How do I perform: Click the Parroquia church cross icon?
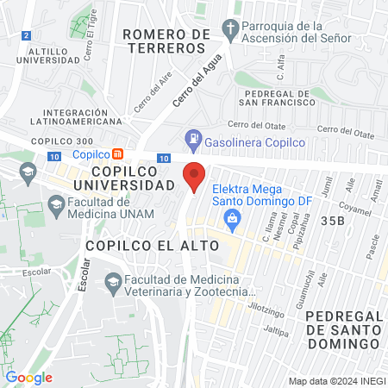tap(230, 29)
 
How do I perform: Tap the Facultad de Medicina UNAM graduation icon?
tap(57, 205)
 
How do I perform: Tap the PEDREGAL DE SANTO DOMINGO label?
tap(342, 329)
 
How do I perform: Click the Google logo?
tap(28, 377)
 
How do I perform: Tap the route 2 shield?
tap(28, 35)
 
